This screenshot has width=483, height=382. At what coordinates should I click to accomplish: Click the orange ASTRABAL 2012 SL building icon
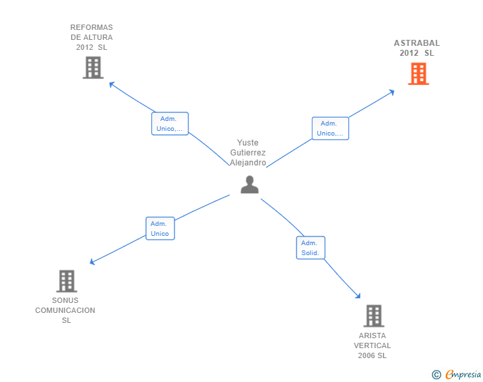418,74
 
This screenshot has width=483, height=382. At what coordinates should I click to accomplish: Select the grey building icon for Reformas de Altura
93,67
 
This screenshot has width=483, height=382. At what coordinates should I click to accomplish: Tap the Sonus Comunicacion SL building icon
66,281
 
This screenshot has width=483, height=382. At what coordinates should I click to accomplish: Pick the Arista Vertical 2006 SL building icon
374,316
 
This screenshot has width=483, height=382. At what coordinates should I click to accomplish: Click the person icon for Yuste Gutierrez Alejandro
249,185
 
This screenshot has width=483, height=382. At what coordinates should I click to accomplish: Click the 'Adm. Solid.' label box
310,248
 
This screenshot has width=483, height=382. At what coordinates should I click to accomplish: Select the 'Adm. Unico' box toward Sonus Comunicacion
160,229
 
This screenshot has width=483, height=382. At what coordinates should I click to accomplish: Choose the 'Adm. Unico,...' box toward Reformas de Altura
170,124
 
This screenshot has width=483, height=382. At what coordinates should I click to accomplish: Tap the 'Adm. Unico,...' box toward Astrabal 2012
330,128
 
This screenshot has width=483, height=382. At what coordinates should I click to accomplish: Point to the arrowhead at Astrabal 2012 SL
392,92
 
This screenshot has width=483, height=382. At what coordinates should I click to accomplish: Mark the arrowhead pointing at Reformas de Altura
111,84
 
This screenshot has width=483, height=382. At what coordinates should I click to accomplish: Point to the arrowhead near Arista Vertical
358,296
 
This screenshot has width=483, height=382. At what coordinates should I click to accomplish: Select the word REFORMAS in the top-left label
92,27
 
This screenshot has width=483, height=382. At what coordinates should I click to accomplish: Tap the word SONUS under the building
65,300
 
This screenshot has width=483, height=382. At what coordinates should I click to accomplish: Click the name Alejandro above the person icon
248,163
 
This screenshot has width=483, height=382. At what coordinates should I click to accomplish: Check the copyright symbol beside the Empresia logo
436,375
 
